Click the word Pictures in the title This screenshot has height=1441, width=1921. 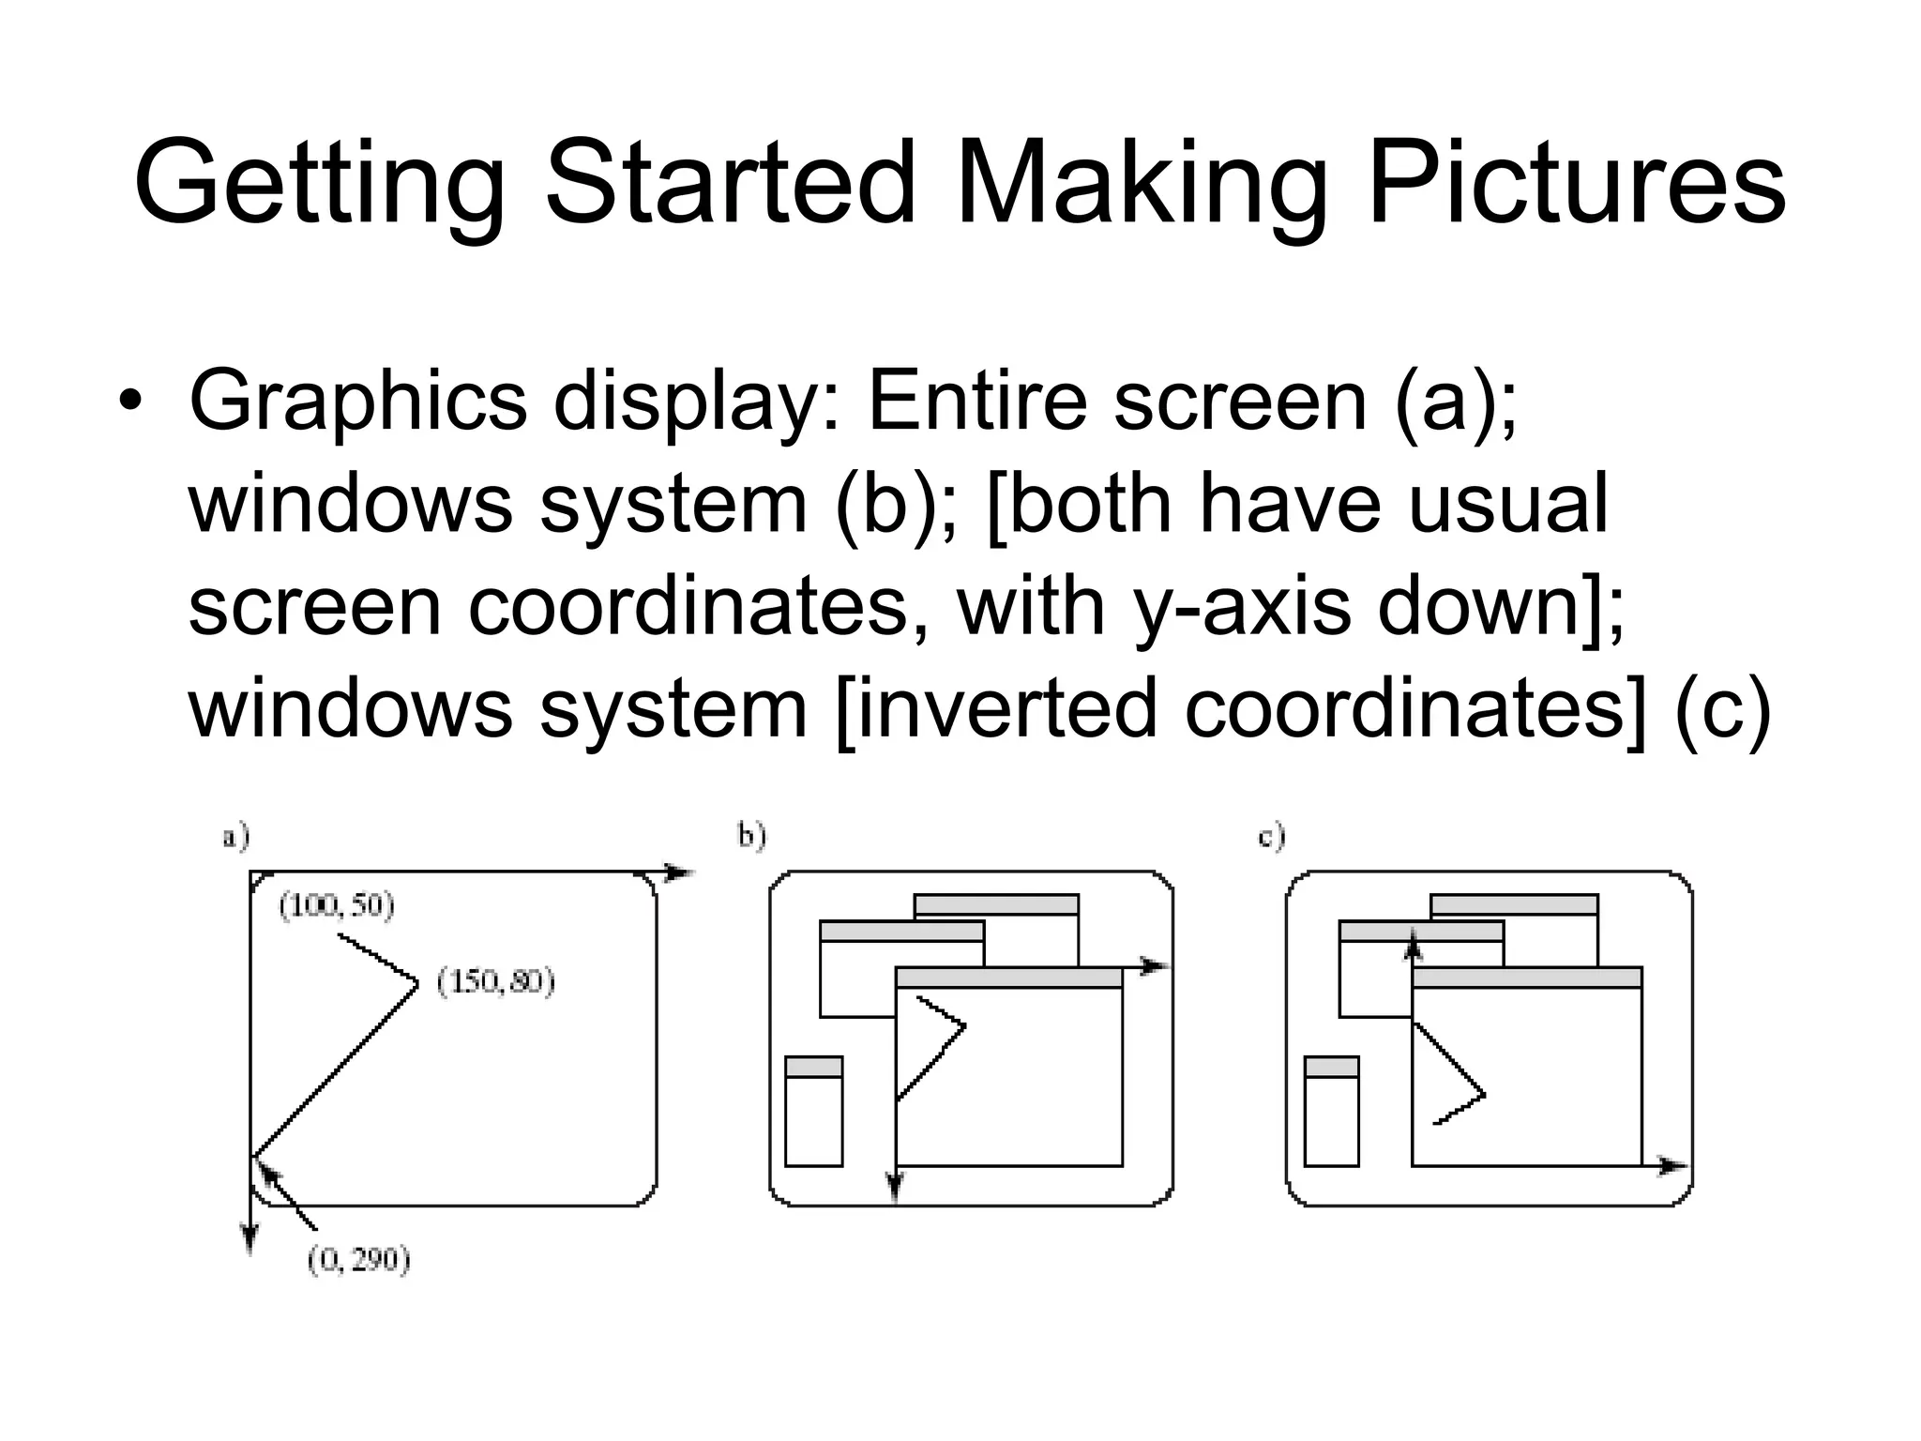tap(1576, 183)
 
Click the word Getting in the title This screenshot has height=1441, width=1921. tap(320, 183)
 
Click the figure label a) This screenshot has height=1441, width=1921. tap(235, 836)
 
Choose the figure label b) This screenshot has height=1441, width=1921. tap(751, 835)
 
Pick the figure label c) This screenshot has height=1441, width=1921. tap(1271, 836)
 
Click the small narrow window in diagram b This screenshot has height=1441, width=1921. tap(813, 1112)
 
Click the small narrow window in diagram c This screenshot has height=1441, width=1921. tap(1331, 1112)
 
